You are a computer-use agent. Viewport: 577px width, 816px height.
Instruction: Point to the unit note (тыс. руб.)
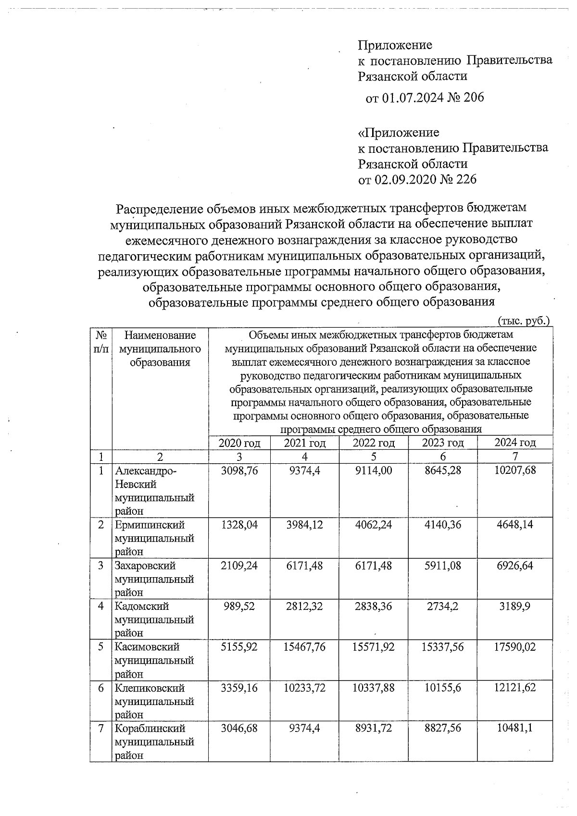tap(523, 321)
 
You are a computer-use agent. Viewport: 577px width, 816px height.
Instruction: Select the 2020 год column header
tap(239, 443)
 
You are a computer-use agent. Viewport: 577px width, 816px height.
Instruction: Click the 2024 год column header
tap(514, 443)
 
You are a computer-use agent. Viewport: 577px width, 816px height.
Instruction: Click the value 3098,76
tap(239, 470)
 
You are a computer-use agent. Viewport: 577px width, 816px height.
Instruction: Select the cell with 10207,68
tap(514, 470)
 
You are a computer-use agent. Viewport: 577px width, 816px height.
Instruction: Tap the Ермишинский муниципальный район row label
tap(154, 538)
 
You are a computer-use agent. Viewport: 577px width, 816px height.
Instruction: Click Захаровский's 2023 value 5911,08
tap(442, 566)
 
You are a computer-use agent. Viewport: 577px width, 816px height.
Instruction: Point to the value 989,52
tap(239, 606)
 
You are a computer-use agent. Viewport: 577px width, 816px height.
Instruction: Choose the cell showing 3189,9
tap(514, 606)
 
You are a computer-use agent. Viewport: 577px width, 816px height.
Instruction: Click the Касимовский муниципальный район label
tap(154, 660)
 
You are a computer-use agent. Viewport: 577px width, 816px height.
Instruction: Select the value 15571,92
tap(373, 647)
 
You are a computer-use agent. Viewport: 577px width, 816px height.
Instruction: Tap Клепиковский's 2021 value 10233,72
tap(304, 688)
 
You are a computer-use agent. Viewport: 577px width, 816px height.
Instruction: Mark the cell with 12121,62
tap(514, 688)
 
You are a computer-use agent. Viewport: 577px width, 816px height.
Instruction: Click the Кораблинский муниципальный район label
tap(154, 742)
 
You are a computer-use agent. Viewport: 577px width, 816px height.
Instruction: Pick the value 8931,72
tap(373, 729)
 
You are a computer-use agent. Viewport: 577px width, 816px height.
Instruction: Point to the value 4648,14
tap(514, 525)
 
